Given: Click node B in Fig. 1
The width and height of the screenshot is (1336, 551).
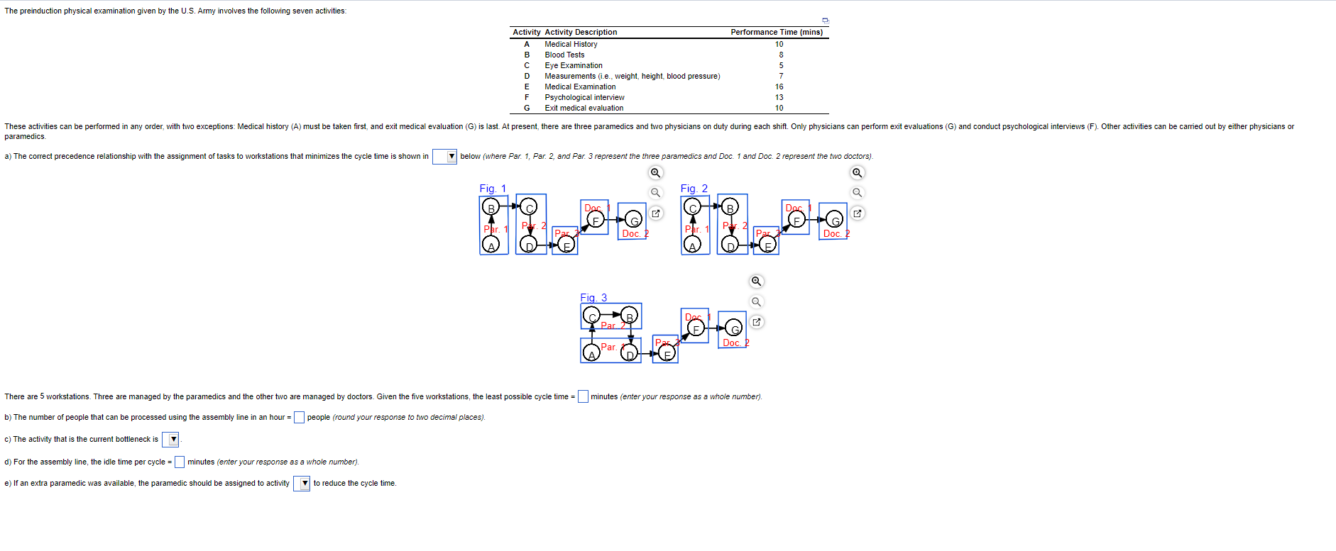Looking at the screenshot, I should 490,207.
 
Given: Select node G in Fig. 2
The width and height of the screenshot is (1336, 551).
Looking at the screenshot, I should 835,218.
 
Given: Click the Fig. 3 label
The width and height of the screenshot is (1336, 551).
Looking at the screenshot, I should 593,298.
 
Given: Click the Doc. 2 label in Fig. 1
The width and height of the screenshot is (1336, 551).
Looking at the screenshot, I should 635,233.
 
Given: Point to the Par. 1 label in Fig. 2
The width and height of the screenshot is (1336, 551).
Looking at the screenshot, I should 696,229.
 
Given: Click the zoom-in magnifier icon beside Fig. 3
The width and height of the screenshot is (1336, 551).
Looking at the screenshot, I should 757,282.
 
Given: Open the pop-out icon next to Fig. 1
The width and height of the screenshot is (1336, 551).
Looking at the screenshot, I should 656,213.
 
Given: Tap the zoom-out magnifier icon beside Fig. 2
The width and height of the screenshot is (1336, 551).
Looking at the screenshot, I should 858,192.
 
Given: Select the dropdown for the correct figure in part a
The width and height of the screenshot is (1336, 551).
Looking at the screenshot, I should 444,156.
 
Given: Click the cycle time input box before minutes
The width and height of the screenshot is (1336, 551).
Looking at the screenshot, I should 583,396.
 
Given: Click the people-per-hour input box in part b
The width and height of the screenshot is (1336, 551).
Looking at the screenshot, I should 300,417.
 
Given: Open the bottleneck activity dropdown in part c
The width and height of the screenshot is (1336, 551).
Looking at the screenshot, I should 170,440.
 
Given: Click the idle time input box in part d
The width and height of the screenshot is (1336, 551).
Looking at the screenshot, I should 180,462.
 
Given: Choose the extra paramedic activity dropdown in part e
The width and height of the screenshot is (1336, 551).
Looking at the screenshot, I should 302,484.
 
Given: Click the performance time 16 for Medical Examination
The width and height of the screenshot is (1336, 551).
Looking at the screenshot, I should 779,87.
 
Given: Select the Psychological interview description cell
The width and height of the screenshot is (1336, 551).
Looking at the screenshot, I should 584,97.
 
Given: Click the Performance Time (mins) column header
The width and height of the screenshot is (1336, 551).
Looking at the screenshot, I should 777,32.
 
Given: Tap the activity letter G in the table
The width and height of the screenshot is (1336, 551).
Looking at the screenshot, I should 527,108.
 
